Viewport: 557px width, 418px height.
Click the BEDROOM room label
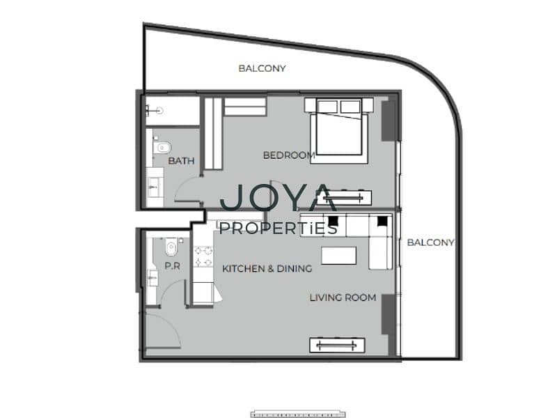(x=289, y=155)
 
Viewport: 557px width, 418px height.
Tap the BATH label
(x=181, y=161)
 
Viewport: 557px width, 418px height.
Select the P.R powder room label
(x=172, y=266)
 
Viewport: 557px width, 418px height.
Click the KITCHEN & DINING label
(x=267, y=268)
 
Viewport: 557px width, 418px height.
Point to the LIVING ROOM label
(x=343, y=297)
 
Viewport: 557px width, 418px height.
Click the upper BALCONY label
(x=262, y=68)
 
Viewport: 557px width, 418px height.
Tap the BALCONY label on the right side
(x=430, y=242)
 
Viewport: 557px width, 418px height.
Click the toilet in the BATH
(x=162, y=147)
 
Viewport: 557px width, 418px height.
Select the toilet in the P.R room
(x=171, y=247)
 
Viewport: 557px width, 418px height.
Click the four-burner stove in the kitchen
(x=203, y=256)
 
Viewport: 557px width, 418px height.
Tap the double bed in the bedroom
(x=338, y=131)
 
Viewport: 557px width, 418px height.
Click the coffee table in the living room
(x=338, y=256)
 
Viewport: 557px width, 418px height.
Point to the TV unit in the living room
(x=337, y=345)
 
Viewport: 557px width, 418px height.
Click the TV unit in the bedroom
(x=344, y=197)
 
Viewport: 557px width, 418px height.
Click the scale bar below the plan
(x=298, y=414)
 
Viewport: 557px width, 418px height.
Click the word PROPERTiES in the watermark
(x=278, y=229)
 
